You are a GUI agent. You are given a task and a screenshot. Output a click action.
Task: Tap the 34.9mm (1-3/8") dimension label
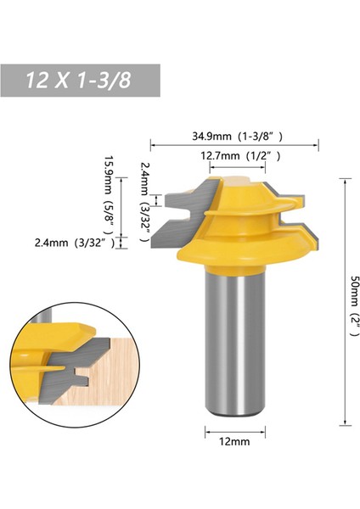(x=234, y=134)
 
